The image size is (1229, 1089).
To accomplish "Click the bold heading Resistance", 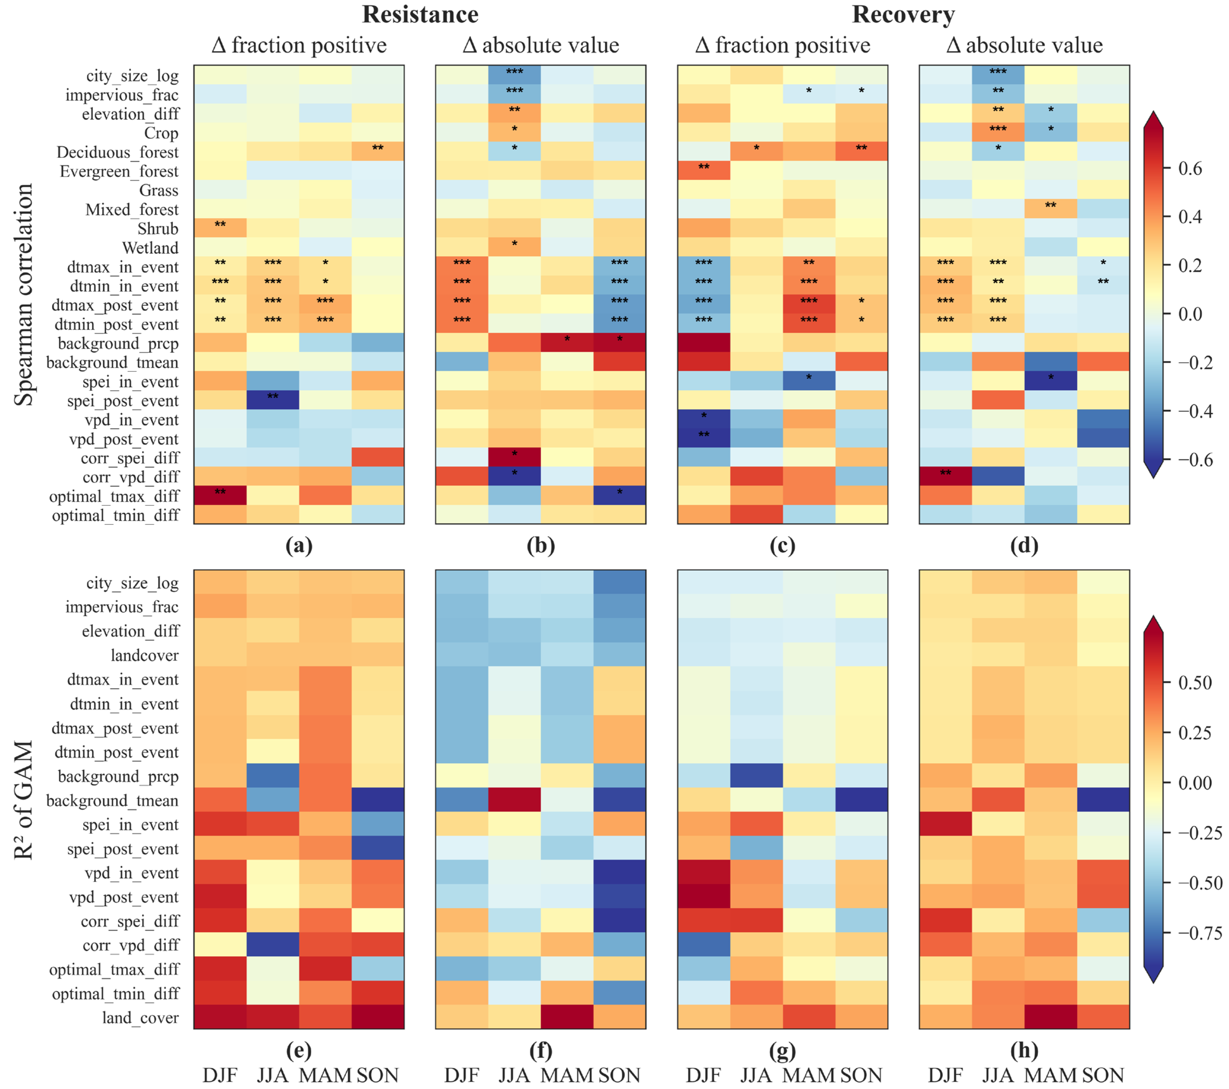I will click(x=420, y=14).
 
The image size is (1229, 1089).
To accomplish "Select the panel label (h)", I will click(x=1024, y=1050).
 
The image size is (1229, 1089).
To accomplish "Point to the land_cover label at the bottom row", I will click(x=140, y=1017).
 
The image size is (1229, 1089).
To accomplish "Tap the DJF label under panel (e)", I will click(x=220, y=1075).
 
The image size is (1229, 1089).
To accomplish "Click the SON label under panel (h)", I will click(x=1103, y=1075).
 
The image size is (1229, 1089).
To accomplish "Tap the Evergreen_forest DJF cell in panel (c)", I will click(x=704, y=171).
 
